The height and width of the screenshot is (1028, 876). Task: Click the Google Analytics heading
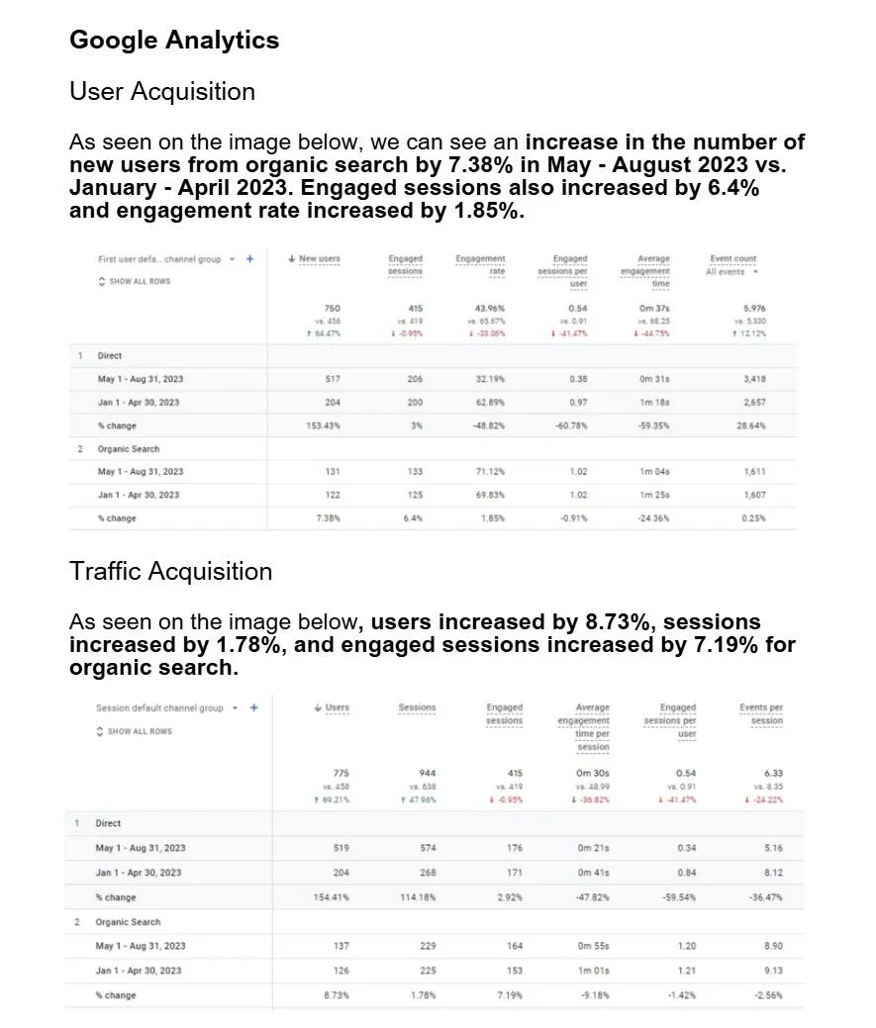[174, 41]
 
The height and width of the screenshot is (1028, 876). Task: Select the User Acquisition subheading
[162, 92]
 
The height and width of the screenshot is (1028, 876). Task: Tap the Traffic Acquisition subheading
[170, 572]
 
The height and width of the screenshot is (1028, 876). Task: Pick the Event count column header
[732, 259]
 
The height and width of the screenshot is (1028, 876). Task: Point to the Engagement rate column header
[480, 264]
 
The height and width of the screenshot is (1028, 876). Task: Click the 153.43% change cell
[325, 425]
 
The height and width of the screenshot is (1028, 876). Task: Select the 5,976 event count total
[752, 309]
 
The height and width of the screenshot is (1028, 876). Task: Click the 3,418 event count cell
[753, 379]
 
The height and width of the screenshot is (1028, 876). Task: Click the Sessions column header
[417, 707]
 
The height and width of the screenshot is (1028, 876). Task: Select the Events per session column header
[760, 713]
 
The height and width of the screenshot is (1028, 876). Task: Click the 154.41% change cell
[330, 897]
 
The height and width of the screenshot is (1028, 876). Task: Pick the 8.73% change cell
[337, 995]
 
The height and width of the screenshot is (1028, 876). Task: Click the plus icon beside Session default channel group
[254, 707]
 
